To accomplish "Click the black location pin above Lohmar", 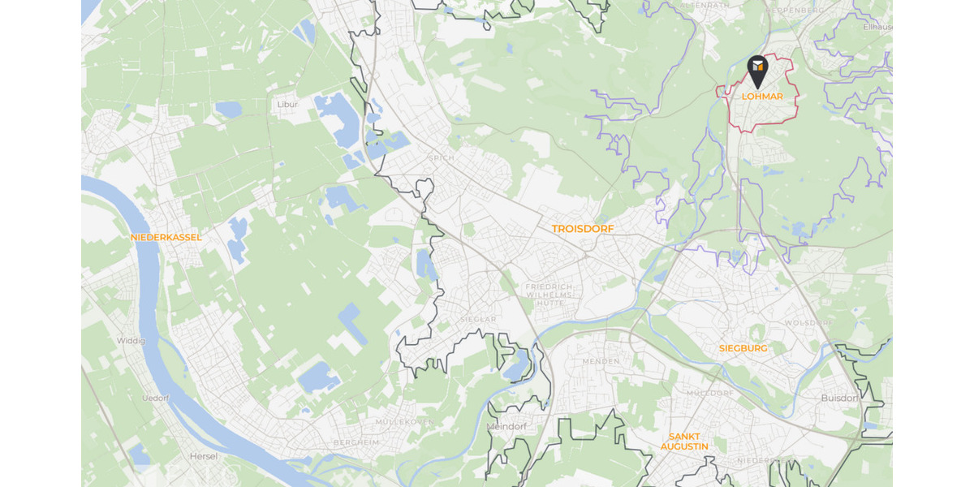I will coord(757,70).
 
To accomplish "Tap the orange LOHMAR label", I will coord(762,97).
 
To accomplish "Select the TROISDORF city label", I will coord(583,229).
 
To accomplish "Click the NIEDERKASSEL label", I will coord(166,237).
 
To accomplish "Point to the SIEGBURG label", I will coord(743,348).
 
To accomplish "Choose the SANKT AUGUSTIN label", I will coord(683,442).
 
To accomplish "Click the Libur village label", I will coord(287,105).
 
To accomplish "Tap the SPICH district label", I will coord(441,157).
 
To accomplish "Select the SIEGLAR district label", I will coord(478,320).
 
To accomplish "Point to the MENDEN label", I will coord(601,361).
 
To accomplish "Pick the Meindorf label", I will coord(506,427).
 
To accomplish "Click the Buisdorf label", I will coord(839,398).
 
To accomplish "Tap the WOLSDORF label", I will coord(808,323).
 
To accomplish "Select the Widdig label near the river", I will coord(131,341).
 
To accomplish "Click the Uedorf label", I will coord(155,398).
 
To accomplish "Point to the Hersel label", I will coord(203,456).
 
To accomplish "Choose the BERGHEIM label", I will coord(356,442).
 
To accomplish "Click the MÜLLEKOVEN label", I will coord(404,422).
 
